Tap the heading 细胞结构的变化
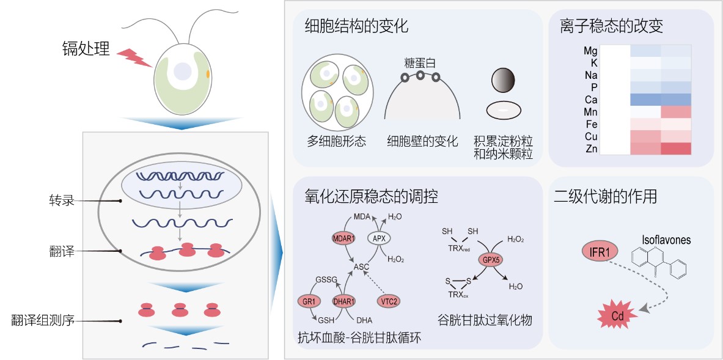(x=356, y=27)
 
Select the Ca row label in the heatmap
(x=590, y=99)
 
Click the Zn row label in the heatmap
(x=590, y=148)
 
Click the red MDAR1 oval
(x=343, y=238)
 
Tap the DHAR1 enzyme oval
(x=345, y=301)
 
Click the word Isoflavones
(x=666, y=240)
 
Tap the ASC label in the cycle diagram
(x=362, y=266)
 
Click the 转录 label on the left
(x=62, y=200)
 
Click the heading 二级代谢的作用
(x=605, y=196)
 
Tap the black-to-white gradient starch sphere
(x=503, y=79)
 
